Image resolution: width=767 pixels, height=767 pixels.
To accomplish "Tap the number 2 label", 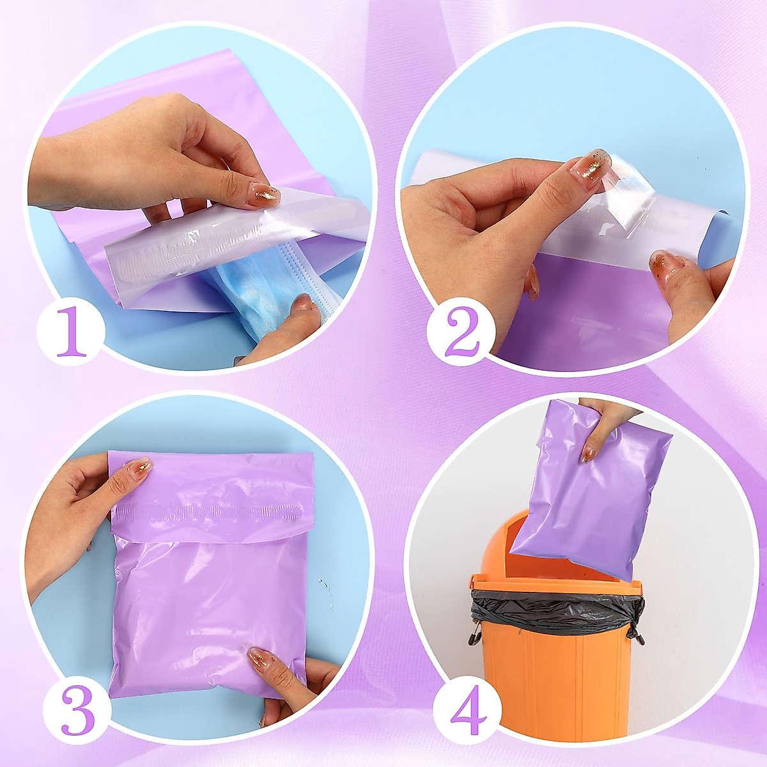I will (x=462, y=330).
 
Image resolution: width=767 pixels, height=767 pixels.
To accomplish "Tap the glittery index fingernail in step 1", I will (x=264, y=194).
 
